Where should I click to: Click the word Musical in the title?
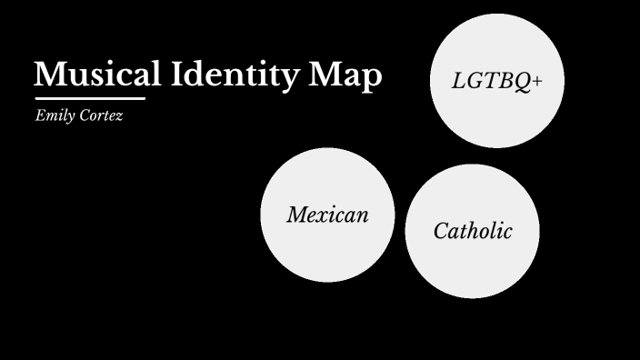click(x=98, y=75)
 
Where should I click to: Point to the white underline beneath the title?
click(x=90, y=98)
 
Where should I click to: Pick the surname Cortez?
click(x=100, y=116)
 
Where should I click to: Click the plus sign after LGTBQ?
click(x=537, y=81)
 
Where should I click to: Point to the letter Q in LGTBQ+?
click(x=523, y=82)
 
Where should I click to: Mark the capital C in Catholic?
click(x=441, y=231)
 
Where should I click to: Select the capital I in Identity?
click(x=178, y=75)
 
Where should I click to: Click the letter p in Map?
click(x=371, y=79)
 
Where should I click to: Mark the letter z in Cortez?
click(x=119, y=117)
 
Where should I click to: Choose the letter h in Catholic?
click(x=476, y=230)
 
